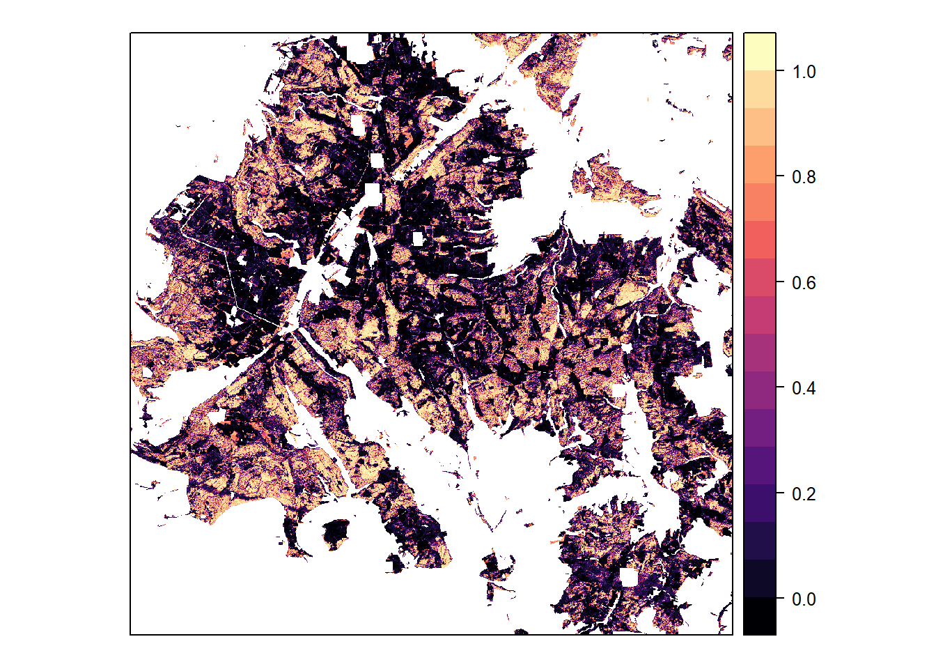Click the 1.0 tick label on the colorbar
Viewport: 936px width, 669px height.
(804, 72)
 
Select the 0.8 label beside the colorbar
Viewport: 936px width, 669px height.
(804, 177)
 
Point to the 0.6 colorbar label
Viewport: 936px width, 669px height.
(804, 283)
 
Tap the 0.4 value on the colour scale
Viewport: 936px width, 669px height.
(804, 388)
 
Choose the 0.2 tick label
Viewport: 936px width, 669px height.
(804, 494)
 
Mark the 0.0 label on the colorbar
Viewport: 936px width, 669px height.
(804, 599)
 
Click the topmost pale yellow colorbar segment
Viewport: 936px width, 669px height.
(759, 51)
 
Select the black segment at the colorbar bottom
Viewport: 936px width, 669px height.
(759, 616)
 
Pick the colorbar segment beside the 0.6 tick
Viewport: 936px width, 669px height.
(759, 277)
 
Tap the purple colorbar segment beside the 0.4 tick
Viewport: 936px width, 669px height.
(759, 390)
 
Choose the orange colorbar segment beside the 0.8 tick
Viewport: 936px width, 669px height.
(759, 164)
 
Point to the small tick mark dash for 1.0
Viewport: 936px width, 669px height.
(780, 71)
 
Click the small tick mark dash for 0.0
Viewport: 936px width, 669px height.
(780, 599)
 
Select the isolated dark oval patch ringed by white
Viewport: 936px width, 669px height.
(337, 533)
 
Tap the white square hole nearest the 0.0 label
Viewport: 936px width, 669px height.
(628, 577)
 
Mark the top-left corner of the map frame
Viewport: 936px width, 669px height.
(130, 33)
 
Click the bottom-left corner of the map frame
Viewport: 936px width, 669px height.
(130, 634)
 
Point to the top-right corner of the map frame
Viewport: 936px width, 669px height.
(733, 33)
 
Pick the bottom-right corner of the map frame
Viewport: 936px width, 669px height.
(733, 634)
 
